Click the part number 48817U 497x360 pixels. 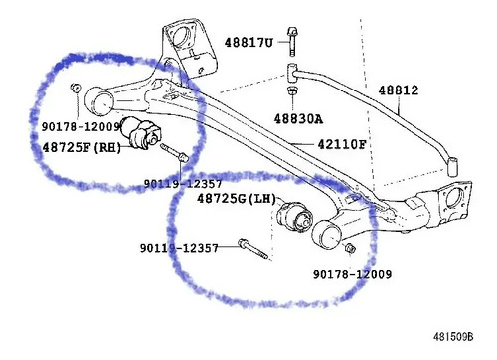248,43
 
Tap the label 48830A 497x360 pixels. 298,118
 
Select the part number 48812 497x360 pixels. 399,90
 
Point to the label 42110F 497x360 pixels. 342,144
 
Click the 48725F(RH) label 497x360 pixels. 82,147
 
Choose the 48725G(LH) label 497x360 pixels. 237,199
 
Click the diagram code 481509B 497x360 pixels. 453,337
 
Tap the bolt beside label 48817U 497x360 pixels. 292,42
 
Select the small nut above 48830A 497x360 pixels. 292,90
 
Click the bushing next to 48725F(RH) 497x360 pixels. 140,132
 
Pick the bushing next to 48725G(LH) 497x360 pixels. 294,218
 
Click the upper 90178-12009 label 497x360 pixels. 81,126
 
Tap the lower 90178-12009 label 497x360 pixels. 352,274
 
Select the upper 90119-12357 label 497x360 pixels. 183,184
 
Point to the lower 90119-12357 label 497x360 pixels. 179,248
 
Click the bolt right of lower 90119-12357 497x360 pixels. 252,249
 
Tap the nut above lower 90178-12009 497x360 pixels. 350,248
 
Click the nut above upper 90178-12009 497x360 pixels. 76,88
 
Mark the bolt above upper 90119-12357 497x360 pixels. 174,152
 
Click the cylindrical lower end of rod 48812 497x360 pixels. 452,167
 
